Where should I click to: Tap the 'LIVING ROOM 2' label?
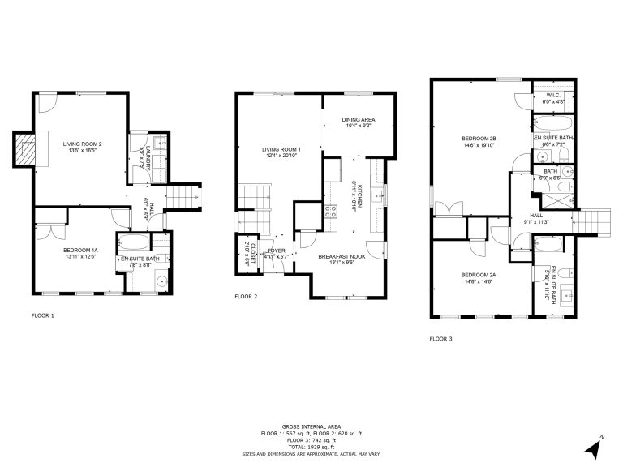point(83,144)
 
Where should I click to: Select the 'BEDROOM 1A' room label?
point(81,251)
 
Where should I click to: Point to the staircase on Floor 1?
point(184,197)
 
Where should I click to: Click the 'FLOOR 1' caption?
point(42,315)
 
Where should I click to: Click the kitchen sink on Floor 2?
point(376,197)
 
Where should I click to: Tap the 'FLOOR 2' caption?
point(246,297)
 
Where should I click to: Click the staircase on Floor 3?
point(594,218)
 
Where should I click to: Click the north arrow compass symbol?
point(593,445)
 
